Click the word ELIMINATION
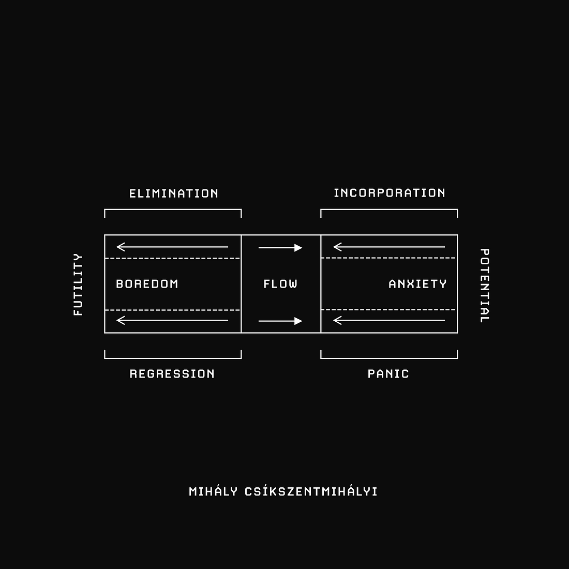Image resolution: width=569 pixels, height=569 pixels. click(x=174, y=193)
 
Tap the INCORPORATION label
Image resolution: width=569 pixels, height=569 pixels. click(x=390, y=193)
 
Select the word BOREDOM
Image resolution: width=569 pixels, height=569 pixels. click(x=147, y=284)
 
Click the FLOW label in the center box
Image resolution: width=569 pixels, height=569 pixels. click(x=280, y=284)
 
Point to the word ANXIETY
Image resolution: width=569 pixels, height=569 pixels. click(x=417, y=284)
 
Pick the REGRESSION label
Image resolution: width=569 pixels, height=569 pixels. click(x=172, y=374)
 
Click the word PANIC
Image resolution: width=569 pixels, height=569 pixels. click(x=388, y=374)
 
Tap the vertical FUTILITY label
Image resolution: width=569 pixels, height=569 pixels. click(x=78, y=284)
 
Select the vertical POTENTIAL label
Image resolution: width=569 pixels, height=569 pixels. click(x=485, y=285)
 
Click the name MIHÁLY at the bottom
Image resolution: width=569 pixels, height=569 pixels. click(x=213, y=491)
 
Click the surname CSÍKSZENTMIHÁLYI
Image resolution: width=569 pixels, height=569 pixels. click(x=311, y=491)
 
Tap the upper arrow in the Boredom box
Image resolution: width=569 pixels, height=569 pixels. click(x=172, y=247)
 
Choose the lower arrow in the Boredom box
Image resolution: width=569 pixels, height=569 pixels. click(x=172, y=320)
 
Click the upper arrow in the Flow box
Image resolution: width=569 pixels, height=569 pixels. click(x=280, y=248)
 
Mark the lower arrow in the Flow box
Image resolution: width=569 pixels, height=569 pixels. click(x=280, y=321)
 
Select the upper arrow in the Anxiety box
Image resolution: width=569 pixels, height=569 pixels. click(x=389, y=247)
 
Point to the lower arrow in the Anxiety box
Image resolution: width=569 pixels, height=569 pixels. click(x=389, y=320)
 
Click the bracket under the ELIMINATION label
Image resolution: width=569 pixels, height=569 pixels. click(x=173, y=209)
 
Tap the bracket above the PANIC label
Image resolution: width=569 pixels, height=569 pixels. click(x=389, y=358)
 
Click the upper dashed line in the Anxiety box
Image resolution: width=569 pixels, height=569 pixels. click(x=388, y=258)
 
